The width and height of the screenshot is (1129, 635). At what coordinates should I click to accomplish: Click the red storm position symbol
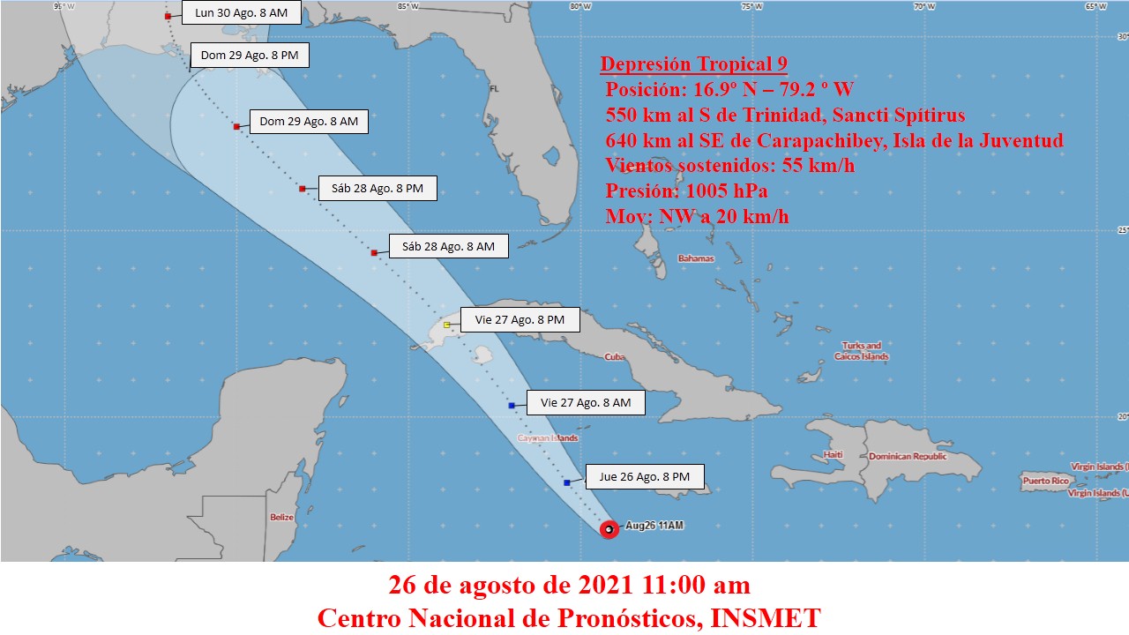609,529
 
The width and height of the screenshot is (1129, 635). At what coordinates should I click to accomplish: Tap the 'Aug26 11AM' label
654,526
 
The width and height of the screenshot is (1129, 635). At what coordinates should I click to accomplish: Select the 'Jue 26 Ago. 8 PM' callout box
644,477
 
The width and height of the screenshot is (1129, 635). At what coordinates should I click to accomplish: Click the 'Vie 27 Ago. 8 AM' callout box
586,403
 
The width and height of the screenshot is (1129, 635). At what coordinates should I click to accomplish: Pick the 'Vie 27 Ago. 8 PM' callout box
520,320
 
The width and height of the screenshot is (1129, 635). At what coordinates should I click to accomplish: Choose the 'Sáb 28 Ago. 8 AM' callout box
448,247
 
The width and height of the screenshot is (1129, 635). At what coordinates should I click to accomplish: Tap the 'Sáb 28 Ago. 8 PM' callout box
377,189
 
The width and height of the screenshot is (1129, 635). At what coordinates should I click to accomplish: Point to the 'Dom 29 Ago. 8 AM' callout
309,122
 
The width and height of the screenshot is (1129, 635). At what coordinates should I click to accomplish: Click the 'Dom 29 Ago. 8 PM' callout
250,56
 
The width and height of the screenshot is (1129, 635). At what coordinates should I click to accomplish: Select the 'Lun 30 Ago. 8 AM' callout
241,14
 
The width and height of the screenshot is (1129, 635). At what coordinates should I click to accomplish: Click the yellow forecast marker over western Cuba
447,325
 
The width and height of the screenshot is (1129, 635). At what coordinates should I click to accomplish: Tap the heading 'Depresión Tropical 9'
693,63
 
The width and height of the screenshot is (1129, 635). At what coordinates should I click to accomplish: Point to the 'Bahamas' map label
695,258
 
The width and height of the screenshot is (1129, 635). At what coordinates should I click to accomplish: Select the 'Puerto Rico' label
1045,481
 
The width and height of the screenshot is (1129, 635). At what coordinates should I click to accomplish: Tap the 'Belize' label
281,518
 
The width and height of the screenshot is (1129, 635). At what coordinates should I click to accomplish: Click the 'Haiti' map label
833,455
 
